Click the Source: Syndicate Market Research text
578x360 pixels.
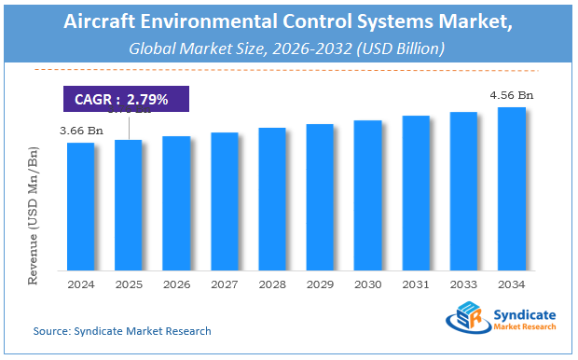(122, 331)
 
